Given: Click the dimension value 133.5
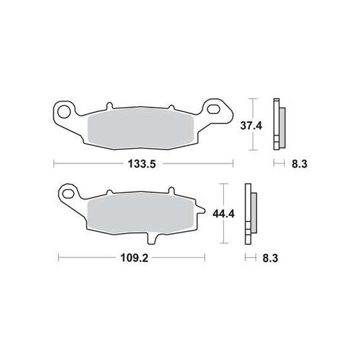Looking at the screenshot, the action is coord(141,164).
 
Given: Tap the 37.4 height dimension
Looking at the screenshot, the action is coord(251,126).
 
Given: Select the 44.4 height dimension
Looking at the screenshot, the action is coord(223,214).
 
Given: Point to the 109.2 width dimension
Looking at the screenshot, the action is coord(134,258).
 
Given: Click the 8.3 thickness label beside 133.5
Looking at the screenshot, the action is coord(299,164).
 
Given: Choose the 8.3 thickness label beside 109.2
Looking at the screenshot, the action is coord(270,258).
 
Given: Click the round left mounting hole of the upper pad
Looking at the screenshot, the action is coord(64,112).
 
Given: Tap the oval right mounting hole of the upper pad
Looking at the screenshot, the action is coord(213,109).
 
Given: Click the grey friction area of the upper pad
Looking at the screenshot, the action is coord(141,129).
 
